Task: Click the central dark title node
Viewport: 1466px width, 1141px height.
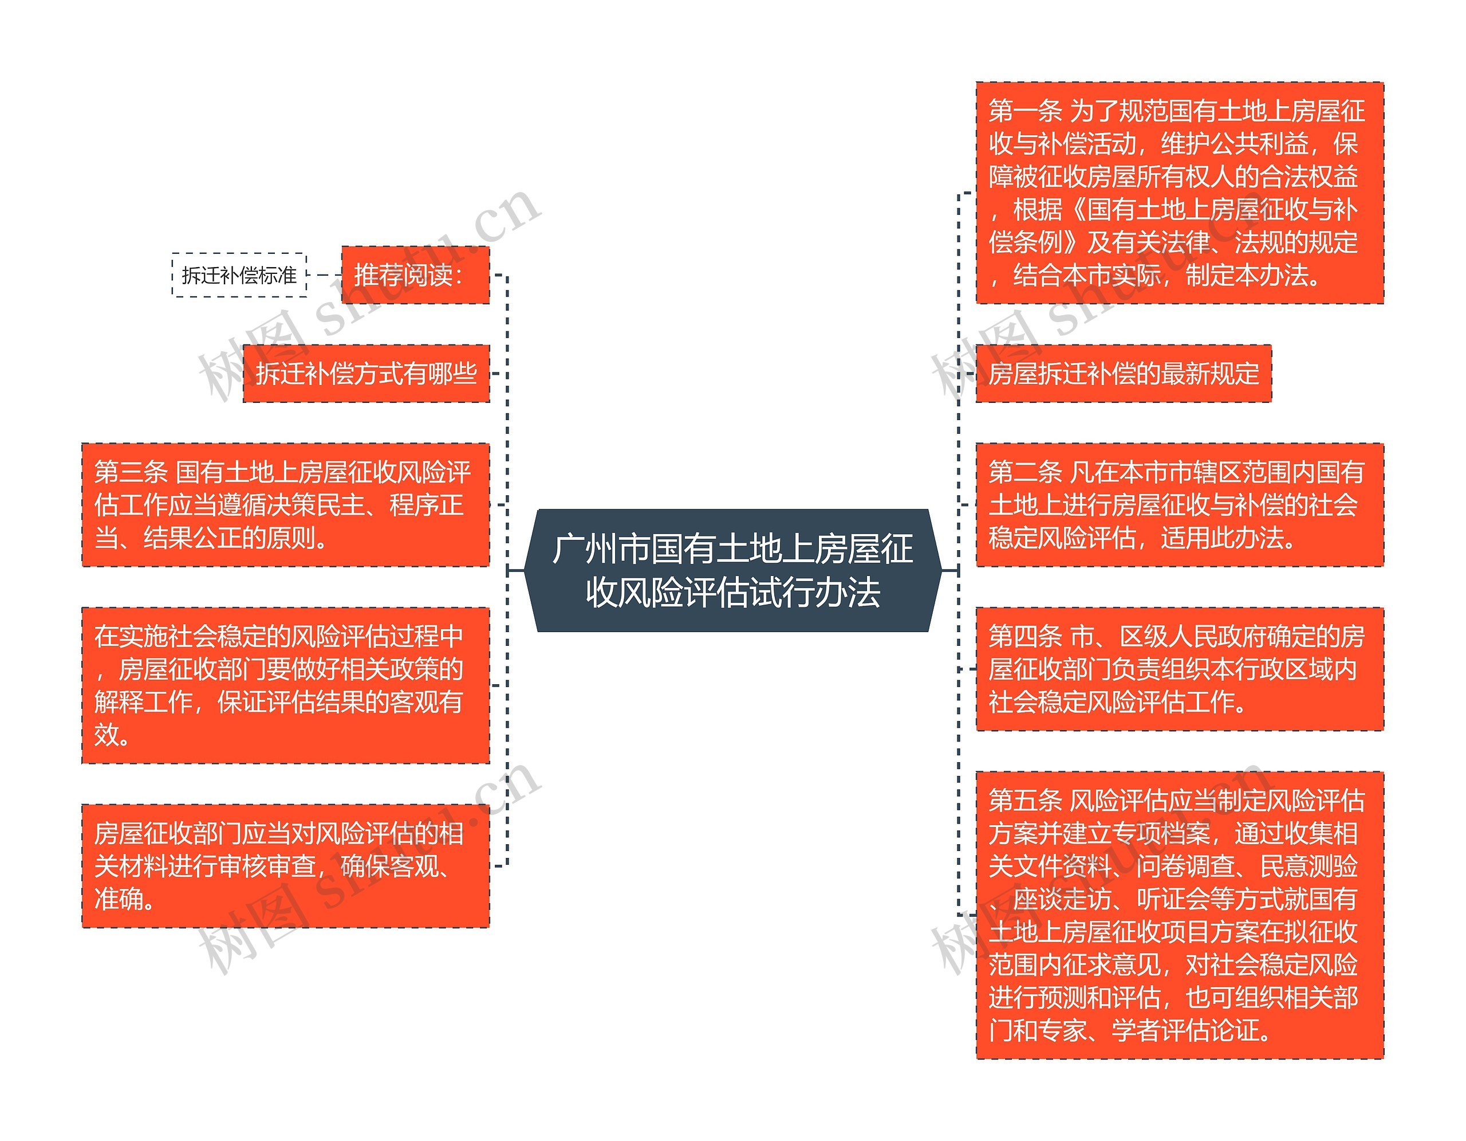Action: point(732,570)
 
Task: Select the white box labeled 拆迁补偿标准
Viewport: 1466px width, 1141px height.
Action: point(239,275)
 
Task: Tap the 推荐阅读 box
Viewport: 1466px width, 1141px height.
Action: point(415,275)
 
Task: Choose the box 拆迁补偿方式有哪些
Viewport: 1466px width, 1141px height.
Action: point(366,374)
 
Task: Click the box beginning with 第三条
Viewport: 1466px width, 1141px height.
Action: point(285,504)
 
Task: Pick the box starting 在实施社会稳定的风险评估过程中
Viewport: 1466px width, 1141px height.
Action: point(285,685)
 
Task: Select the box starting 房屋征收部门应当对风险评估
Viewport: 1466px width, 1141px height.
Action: point(285,866)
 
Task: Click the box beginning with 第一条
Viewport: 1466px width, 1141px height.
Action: point(1179,193)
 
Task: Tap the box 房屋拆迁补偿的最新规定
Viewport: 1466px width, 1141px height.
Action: point(1123,374)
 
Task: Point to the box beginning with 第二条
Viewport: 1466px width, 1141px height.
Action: point(1179,504)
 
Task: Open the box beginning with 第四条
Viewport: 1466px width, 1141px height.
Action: point(1179,669)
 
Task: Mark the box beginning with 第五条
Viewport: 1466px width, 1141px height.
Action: point(1179,915)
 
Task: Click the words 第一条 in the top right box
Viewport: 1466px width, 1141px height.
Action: point(1025,111)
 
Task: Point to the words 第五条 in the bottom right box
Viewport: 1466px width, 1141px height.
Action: point(1025,801)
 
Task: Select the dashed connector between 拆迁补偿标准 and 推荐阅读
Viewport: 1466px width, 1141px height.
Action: point(324,275)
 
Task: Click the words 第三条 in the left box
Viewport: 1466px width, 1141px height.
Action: point(131,472)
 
